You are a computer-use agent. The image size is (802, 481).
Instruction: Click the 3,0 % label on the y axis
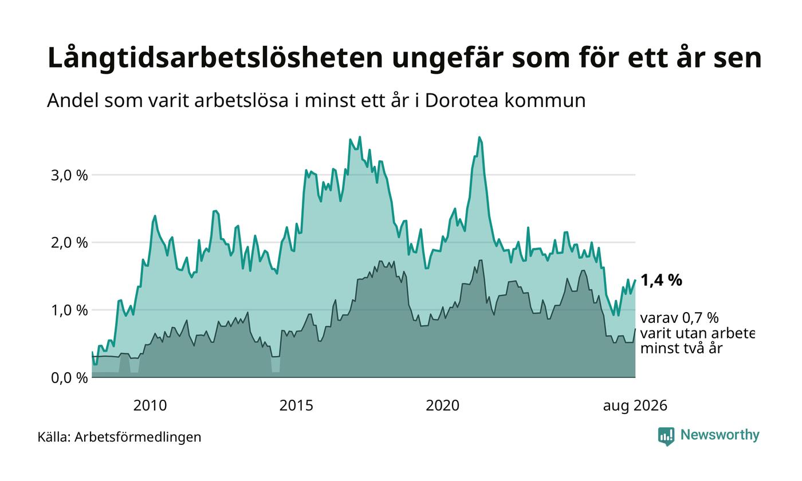[69, 176]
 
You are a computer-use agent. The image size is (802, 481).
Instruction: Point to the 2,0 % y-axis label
[69, 243]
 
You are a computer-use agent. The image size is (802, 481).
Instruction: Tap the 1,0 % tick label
[69, 310]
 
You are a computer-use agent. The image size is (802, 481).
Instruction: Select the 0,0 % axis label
[69, 378]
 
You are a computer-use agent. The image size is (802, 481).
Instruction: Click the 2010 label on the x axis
[150, 406]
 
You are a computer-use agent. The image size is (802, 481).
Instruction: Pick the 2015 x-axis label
[296, 406]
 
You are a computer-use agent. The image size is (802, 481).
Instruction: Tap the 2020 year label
[442, 406]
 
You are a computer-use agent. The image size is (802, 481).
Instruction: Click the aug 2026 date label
[635, 406]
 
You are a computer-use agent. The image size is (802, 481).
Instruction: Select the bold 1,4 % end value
[661, 281]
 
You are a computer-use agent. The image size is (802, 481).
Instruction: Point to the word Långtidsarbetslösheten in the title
[215, 58]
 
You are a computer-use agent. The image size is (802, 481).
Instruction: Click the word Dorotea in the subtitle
[462, 101]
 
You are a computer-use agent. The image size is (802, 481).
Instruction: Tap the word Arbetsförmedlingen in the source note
[138, 437]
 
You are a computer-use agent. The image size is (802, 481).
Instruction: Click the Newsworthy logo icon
[666, 436]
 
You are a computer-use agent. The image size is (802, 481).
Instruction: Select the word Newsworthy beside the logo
[720, 435]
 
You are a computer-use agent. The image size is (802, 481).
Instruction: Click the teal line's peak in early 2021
[479, 137]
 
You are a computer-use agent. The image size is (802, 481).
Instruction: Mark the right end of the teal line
[635, 281]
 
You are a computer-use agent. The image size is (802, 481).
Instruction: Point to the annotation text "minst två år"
[681, 348]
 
